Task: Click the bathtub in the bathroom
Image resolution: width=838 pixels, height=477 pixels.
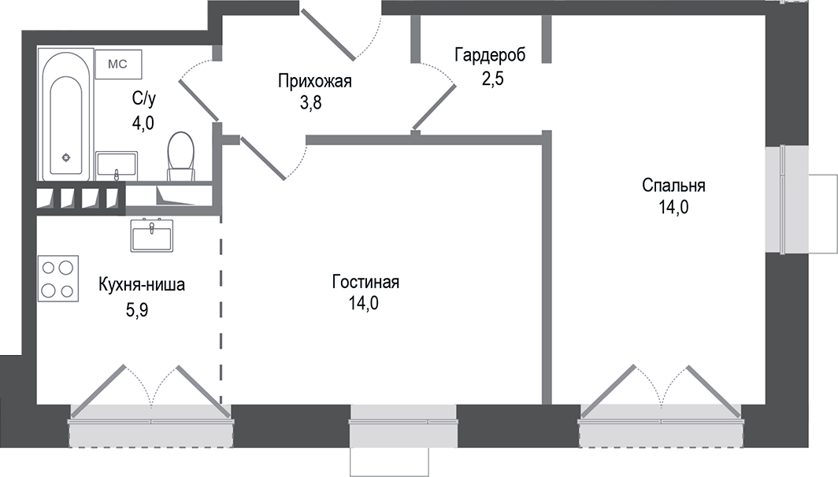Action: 65,114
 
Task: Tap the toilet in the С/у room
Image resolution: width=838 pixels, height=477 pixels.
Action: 181,153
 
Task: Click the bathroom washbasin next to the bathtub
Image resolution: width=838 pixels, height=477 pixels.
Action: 117,165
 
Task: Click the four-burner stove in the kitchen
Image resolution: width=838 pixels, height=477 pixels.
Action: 58,279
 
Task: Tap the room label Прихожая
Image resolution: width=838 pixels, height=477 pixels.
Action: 314,81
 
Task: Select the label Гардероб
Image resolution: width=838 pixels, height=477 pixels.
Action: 490,54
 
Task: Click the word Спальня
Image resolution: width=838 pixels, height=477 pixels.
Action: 673,187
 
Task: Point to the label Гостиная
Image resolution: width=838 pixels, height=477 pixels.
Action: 366,283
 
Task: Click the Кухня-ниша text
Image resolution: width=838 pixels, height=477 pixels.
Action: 142,285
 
